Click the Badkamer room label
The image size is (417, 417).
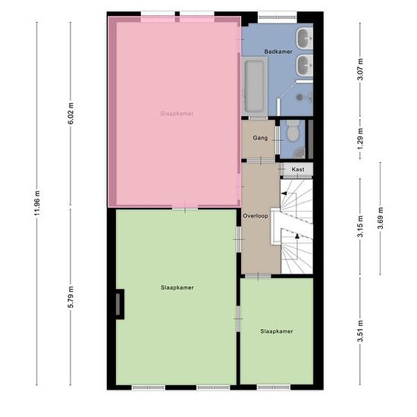click(x=278, y=52)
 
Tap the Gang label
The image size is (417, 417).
click(x=260, y=138)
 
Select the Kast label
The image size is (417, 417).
click(x=298, y=169)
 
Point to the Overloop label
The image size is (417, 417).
click(x=256, y=216)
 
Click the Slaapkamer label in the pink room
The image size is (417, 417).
click(x=177, y=114)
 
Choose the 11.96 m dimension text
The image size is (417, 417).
click(x=37, y=203)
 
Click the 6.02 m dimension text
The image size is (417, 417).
click(x=71, y=113)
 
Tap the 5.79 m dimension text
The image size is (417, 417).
click(x=71, y=296)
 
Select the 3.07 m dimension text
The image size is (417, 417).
click(x=360, y=69)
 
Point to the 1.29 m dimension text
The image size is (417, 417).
click(x=360, y=139)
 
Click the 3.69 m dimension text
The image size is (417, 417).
click(x=381, y=218)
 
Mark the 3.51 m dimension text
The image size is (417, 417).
click(x=360, y=331)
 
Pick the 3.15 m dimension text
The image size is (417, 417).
click(x=360, y=227)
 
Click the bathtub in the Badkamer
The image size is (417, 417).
click(x=255, y=86)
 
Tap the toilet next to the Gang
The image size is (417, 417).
click(x=293, y=130)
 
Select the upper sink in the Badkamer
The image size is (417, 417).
click(x=305, y=39)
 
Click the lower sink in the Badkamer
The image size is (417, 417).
click(x=305, y=65)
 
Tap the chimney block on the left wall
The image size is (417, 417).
click(x=120, y=304)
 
